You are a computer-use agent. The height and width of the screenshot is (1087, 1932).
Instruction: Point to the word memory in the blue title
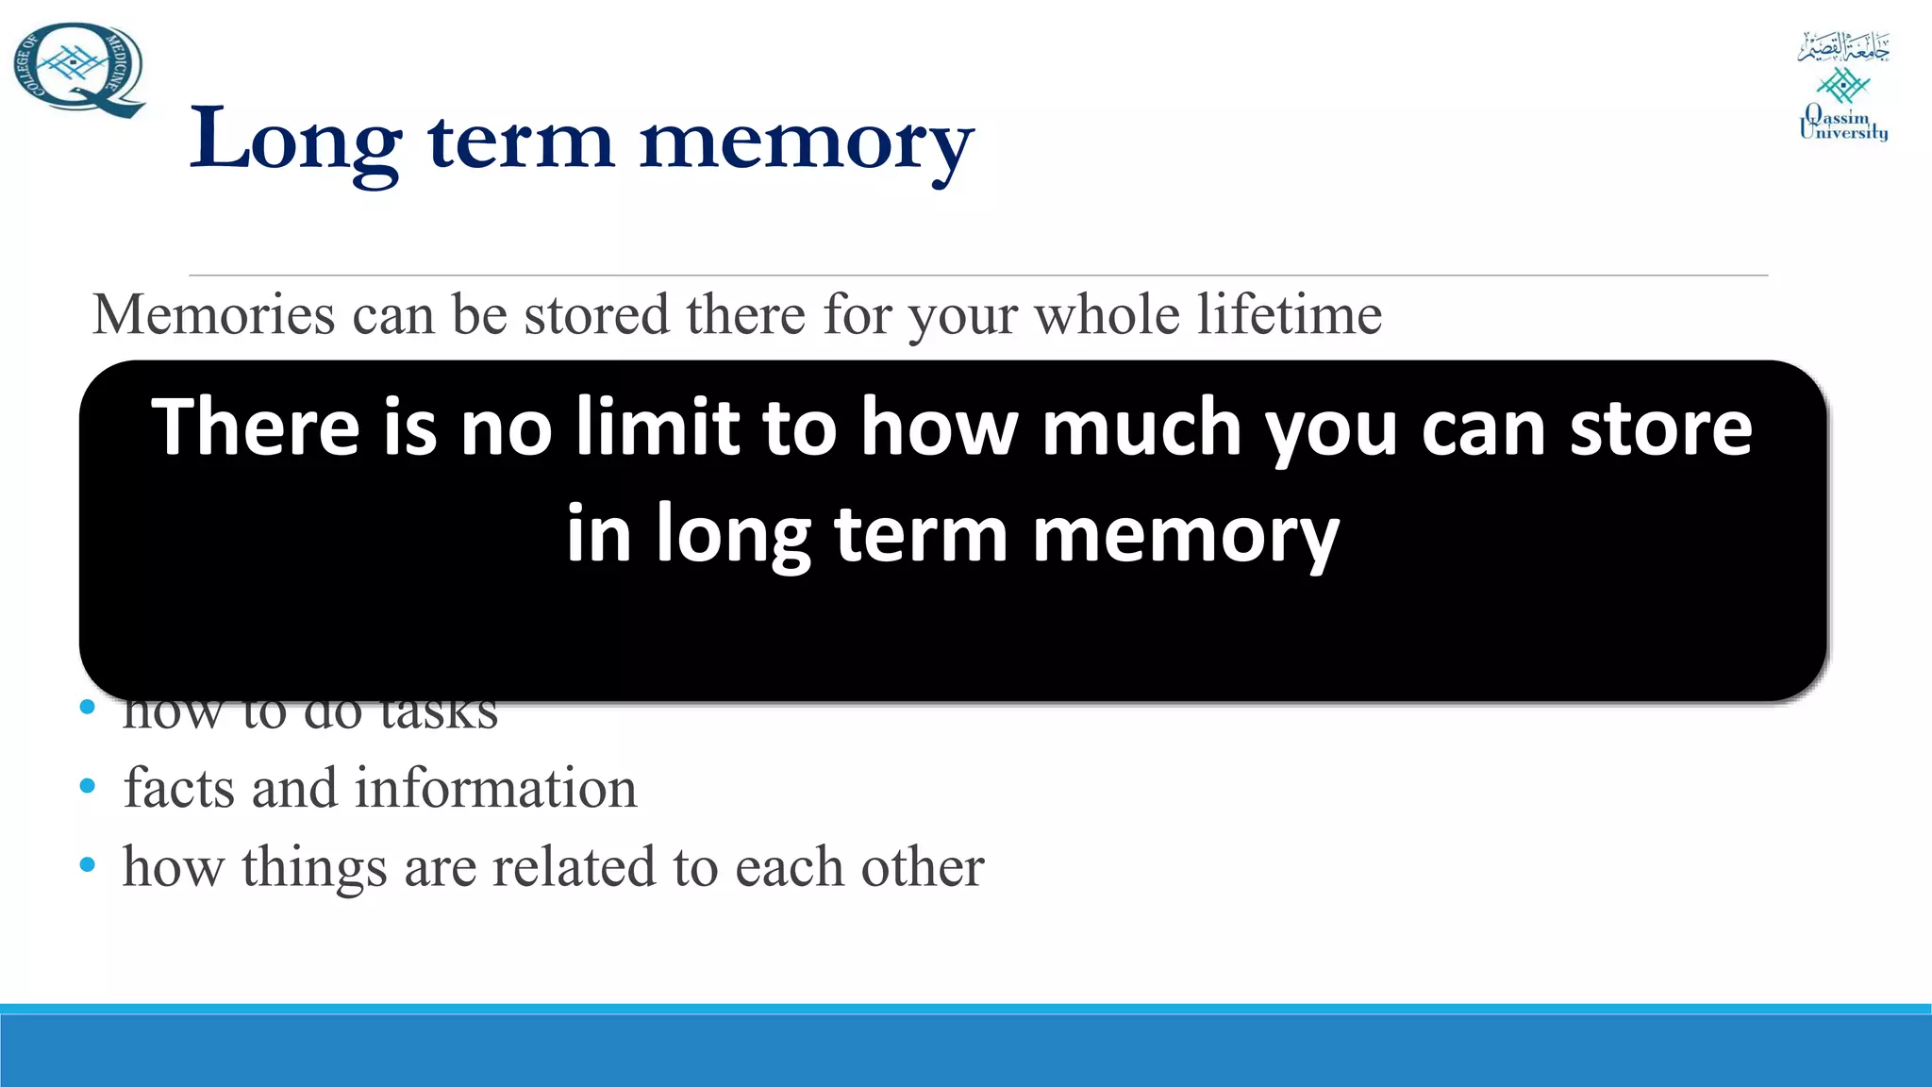pos(807,143)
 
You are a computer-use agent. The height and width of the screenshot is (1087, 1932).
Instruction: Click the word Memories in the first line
pos(213,314)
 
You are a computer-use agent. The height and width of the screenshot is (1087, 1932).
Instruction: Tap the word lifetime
pos(1290,314)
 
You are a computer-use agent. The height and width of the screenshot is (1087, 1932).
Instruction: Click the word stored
pos(597,314)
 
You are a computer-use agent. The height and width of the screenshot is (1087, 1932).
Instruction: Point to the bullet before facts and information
pos(88,786)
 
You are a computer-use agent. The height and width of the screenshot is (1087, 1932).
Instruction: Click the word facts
pos(178,788)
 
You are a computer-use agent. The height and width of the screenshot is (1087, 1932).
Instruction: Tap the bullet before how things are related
pos(88,864)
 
